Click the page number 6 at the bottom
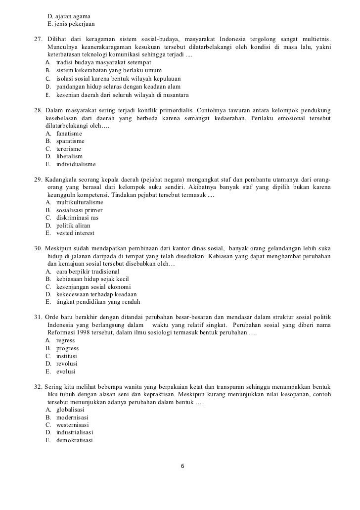pos(183,466)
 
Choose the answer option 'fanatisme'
pos(69,134)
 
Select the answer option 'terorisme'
pos(69,149)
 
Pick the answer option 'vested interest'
pos(75,233)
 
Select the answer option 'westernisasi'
pos(73,425)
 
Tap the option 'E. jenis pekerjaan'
pos(71,24)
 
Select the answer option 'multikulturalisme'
pos(80,203)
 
